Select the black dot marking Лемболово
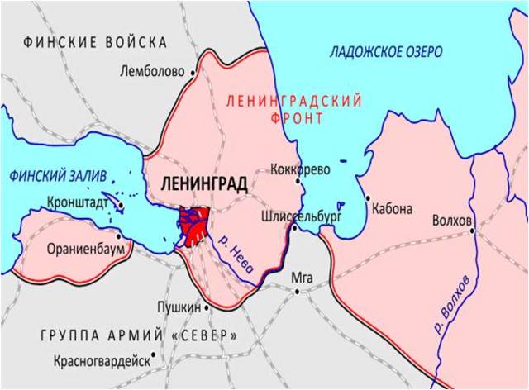(x=193, y=73)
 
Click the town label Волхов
(x=452, y=221)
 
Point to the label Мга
(x=303, y=278)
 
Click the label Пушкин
(x=179, y=307)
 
